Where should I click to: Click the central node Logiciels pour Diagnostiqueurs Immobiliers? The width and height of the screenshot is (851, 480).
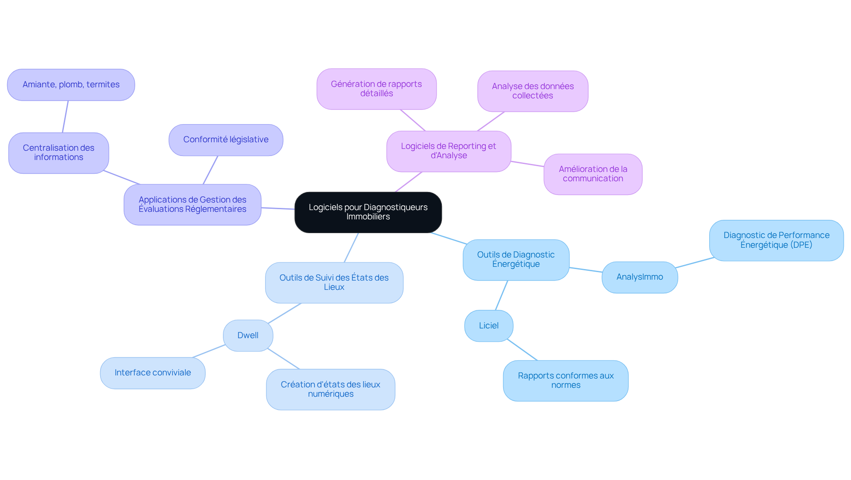pos(368,212)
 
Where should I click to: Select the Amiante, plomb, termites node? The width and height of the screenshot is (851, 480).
pos(71,85)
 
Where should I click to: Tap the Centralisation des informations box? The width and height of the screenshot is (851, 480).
pos(59,153)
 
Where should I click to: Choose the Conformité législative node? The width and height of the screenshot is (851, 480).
pos(226,140)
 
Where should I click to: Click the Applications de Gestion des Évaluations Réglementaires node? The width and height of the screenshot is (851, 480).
pos(192,205)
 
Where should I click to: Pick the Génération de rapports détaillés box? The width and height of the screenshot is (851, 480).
pos(377,89)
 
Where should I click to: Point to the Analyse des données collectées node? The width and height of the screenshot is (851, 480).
pos(533,91)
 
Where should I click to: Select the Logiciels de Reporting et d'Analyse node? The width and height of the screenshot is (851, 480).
pos(449,151)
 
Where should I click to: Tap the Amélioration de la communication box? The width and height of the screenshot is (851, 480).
pos(593,174)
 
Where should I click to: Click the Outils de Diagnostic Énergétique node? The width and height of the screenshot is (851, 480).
pos(516,260)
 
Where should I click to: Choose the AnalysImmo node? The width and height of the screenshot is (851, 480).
pos(640,277)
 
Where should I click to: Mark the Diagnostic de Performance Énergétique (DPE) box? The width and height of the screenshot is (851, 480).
pos(777,241)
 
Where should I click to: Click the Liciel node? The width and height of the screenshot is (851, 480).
pos(489,326)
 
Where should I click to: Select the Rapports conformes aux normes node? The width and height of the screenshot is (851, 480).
pos(566,381)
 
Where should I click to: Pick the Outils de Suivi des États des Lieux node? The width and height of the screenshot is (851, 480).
pos(334,283)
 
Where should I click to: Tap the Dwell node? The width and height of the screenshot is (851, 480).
pos(248,336)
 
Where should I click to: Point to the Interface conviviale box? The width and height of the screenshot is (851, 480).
pos(152,373)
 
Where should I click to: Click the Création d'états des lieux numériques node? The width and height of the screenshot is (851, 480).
pos(331,390)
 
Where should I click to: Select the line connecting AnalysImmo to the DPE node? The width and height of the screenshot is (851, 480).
pos(695,263)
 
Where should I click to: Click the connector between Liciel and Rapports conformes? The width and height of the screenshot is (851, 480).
pos(522,350)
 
